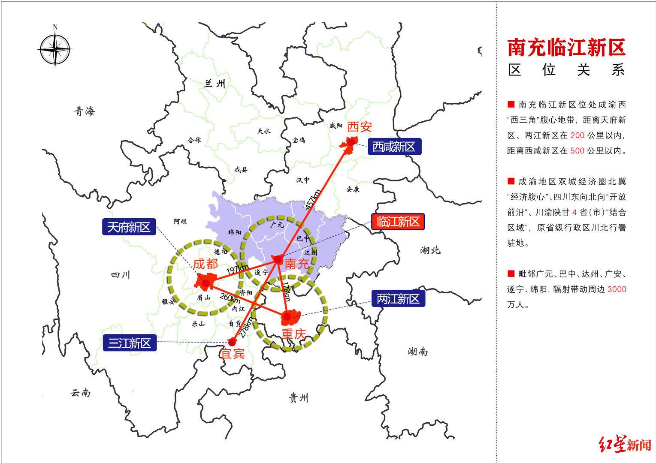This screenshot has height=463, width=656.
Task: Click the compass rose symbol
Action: [55, 50]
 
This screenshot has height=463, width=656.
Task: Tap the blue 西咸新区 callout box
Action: [394, 147]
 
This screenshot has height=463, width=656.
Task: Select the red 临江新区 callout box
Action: [398, 222]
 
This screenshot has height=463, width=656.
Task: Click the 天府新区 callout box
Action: [129, 227]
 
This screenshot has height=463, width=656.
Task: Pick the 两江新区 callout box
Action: [398, 299]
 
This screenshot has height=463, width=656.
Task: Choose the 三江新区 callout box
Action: [130, 343]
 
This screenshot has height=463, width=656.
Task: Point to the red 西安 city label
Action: [360, 127]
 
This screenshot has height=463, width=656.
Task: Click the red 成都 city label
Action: [206, 264]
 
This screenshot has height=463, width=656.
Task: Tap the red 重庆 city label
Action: [293, 334]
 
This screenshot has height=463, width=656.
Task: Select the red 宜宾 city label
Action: [232, 353]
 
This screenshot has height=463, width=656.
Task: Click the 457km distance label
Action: [312, 199]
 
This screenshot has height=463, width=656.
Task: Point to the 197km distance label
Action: [237, 270]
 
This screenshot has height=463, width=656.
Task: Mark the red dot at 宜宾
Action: [232, 342]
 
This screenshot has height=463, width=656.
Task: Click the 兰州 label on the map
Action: [215, 83]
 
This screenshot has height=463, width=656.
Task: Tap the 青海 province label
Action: [85, 111]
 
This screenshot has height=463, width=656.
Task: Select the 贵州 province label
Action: [299, 398]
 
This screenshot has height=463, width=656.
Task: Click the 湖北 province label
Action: [430, 250]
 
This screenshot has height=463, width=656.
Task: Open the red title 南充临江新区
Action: [566, 48]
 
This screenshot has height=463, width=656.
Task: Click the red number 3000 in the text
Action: [617, 289]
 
